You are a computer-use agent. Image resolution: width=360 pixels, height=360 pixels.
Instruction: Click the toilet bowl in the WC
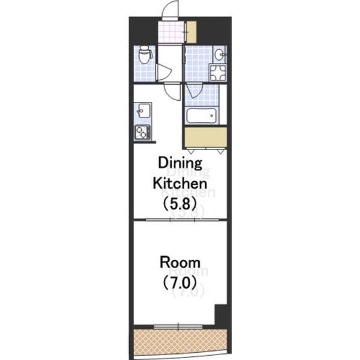[145, 55]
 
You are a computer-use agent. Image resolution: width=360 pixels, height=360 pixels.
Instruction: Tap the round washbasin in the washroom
[219, 55]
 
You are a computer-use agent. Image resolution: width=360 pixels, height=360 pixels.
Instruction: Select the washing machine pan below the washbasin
[218, 73]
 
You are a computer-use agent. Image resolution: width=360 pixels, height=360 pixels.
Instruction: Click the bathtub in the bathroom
[201, 116]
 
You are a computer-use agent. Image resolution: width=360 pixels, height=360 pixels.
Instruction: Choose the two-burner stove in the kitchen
[142, 132]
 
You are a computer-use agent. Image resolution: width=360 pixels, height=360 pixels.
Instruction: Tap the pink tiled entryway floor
[172, 32]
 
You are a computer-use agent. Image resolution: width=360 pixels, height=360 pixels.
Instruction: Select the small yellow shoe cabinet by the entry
[191, 32]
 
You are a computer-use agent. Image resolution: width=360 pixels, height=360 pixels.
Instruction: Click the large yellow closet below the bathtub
[206, 137]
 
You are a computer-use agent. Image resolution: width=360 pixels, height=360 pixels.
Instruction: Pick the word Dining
[180, 163]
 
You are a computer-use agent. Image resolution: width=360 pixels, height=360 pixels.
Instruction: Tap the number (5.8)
[180, 203]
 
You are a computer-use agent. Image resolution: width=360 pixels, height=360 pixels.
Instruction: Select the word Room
[180, 262]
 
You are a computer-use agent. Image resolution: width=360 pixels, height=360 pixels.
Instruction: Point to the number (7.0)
[180, 283]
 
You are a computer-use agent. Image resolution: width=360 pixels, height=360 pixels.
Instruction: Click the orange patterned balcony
[180, 343]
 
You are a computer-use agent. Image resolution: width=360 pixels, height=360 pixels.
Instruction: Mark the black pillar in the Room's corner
[221, 316]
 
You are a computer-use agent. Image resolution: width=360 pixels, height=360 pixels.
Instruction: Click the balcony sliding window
[178, 326]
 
